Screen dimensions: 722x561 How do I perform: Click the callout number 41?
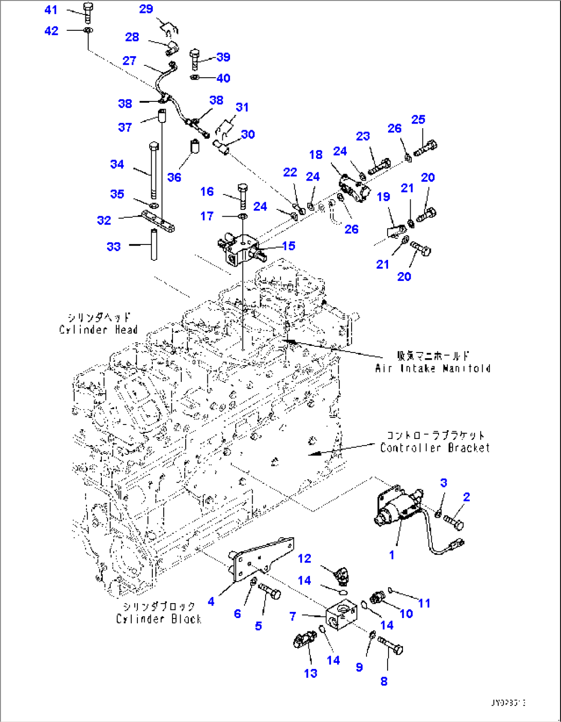51,10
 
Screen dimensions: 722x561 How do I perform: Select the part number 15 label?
289,246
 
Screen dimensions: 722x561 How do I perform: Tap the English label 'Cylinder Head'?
98,330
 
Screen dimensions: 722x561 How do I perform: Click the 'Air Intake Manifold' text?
432,368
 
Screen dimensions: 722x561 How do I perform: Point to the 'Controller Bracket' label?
434,448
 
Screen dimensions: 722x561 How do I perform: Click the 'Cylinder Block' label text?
159,619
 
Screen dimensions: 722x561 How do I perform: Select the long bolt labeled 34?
153,170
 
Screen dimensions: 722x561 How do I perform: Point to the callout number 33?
113,246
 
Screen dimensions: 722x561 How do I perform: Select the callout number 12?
304,558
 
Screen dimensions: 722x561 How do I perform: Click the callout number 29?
146,9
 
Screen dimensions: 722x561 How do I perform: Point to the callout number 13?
310,673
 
